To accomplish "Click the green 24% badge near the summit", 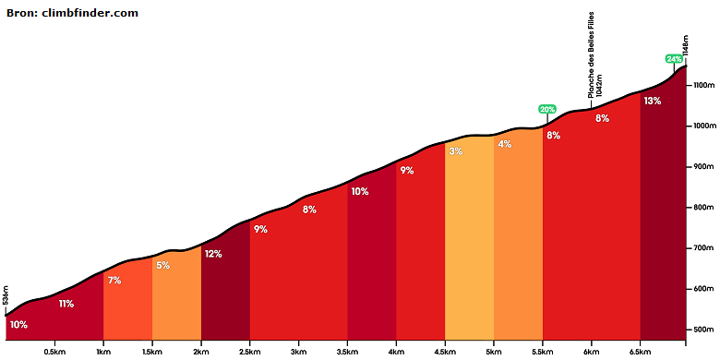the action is point(674,59).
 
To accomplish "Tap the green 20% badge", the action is point(547,109).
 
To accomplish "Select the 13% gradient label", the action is point(652,102).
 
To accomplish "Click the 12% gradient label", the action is point(213,254).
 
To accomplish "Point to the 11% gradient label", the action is point(66,304).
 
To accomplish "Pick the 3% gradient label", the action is point(456,151).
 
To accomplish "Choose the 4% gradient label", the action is point(505,144).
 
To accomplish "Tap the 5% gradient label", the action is point(163,266).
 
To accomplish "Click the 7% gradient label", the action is point(114,280).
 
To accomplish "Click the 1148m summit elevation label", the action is point(686,45).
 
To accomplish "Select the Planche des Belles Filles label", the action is point(592,54).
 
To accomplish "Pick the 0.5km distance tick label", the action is point(54,352).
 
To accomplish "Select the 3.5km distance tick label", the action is point(347,352).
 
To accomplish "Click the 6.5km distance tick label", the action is point(640,352).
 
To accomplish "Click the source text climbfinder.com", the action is point(90,13).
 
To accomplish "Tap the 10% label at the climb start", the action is point(18,325).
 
